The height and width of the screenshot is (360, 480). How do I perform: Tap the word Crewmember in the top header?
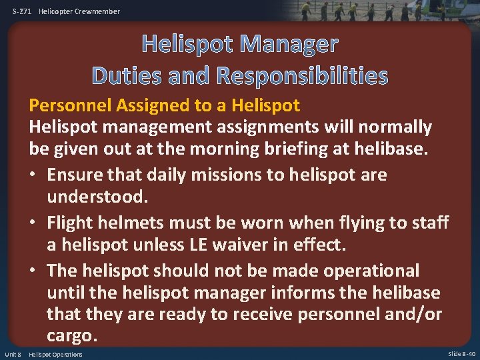tap(97, 11)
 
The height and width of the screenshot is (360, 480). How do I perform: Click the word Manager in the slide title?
tap(289, 44)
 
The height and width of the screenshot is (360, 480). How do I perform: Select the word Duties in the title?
tap(129, 75)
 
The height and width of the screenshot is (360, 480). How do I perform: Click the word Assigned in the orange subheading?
tap(147, 105)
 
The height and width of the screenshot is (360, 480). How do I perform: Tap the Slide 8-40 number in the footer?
tap(462, 354)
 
